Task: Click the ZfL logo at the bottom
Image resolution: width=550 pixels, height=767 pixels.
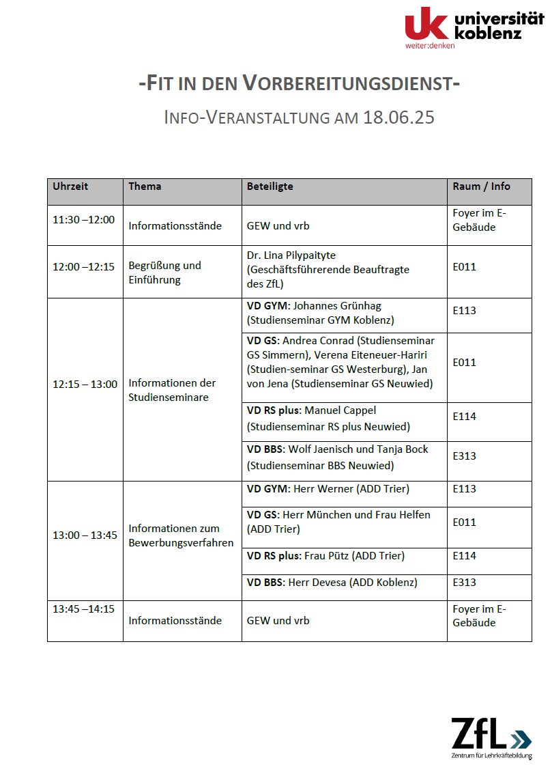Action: [491, 736]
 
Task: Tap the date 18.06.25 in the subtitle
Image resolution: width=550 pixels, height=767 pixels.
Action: [399, 117]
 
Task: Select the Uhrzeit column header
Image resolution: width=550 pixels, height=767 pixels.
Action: [70, 186]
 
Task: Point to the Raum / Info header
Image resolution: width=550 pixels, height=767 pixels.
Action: [481, 186]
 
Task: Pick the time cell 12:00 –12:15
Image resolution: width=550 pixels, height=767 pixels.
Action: [83, 266]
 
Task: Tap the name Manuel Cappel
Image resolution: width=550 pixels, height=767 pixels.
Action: [341, 410]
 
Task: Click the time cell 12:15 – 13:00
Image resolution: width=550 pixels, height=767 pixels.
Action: [85, 384]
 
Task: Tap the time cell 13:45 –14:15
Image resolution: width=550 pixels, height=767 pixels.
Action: [83, 609]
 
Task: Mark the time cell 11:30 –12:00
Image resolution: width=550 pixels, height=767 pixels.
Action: [83, 220]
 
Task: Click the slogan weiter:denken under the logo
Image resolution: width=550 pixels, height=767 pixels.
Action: [429, 45]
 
